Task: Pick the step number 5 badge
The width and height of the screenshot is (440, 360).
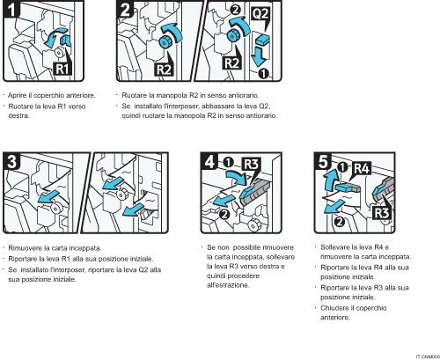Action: click(x=324, y=163)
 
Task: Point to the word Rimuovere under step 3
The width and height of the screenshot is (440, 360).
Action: click(x=26, y=249)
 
